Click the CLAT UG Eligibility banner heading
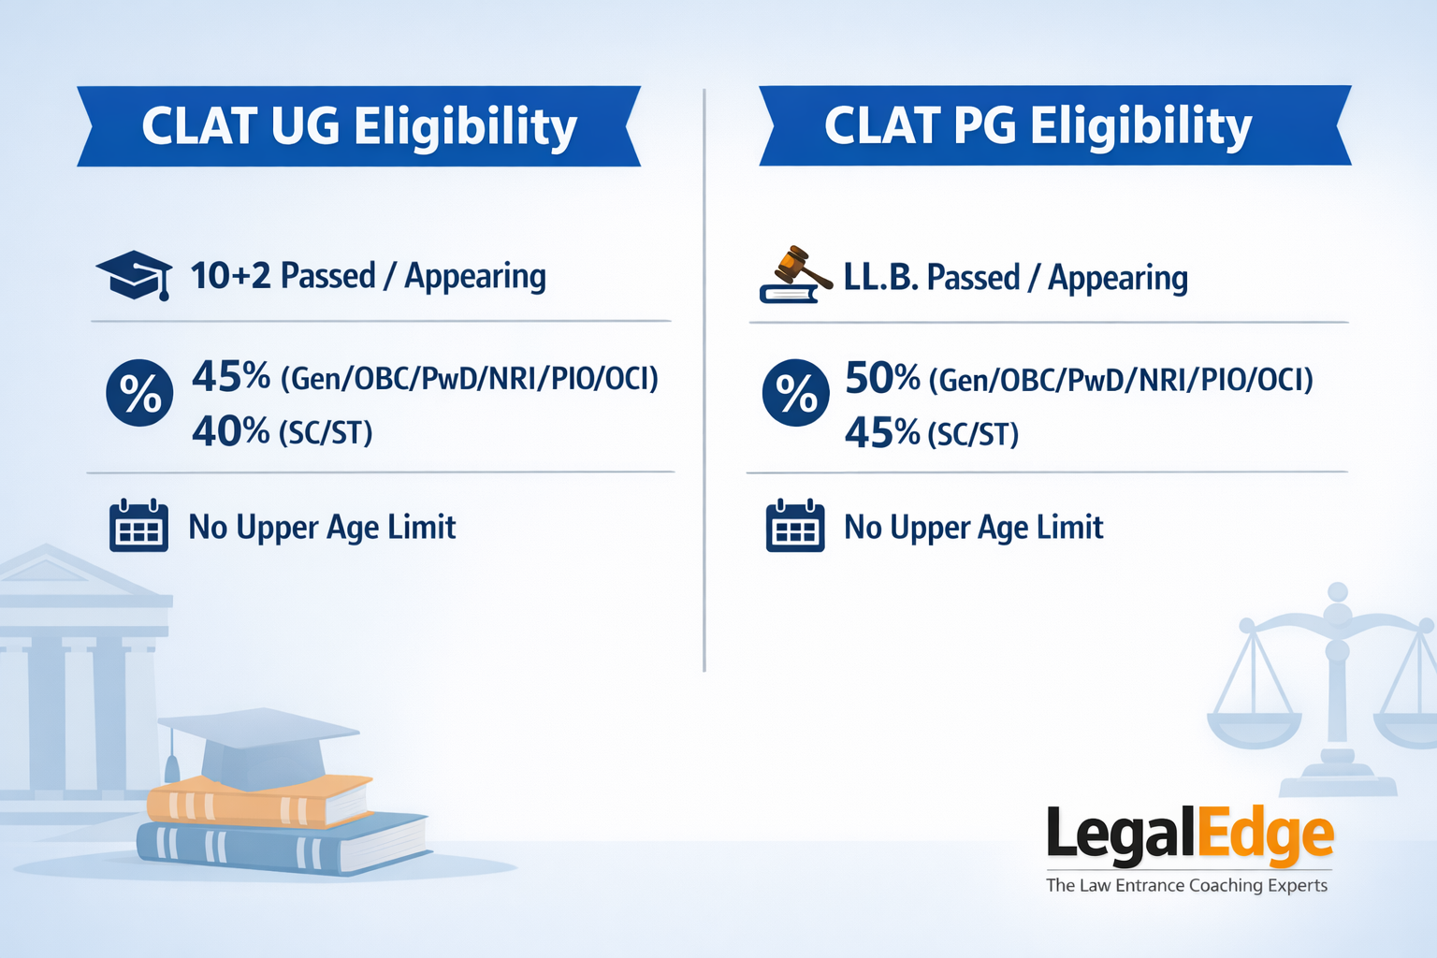pyautogui.click(x=359, y=126)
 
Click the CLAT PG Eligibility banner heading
pyautogui.click(x=1038, y=126)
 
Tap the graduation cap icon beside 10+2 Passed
pyautogui.click(x=135, y=274)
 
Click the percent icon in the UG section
pyautogui.click(x=139, y=393)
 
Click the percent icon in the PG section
pyautogui.click(x=796, y=393)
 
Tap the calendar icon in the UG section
pyautogui.click(x=138, y=526)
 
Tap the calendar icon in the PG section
pyautogui.click(x=795, y=526)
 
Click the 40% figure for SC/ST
pyautogui.click(x=230, y=431)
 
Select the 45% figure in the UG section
pyautogui.click(x=230, y=376)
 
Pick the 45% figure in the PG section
pyautogui.click(x=882, y=433)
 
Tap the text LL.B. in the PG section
pyautogui.click(x=880, y=278)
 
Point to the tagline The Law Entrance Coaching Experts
pyautogui.click(x=1186, y=885)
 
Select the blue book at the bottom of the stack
pyautogui.click(x=281, y=847)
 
